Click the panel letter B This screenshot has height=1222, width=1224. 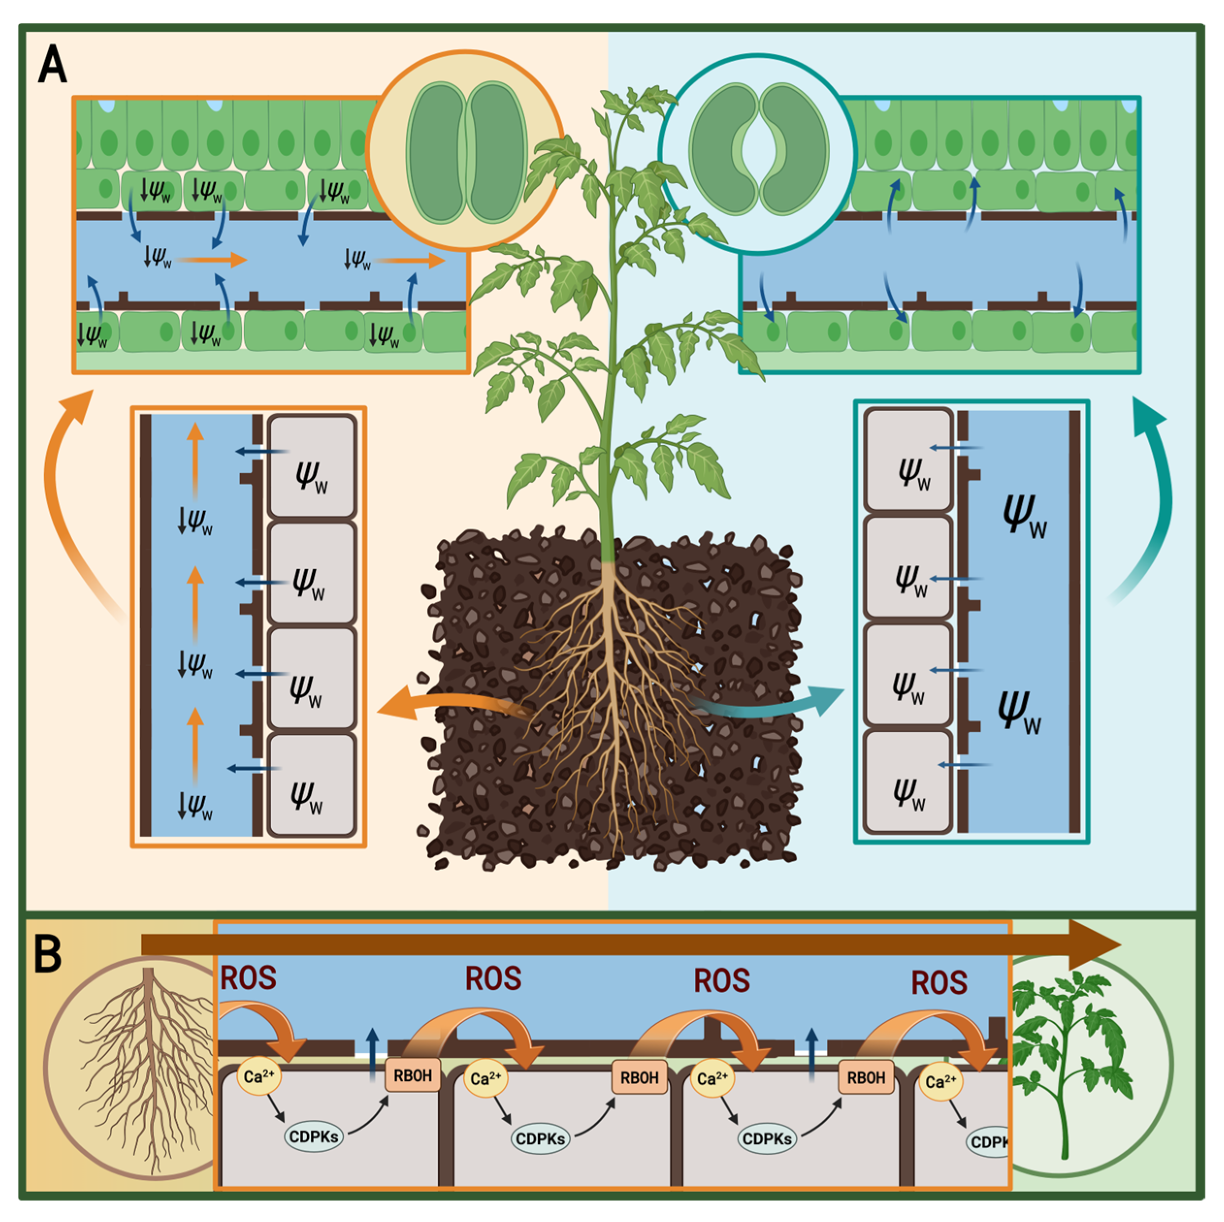[48, 955]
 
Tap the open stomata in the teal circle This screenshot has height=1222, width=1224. [758, 150]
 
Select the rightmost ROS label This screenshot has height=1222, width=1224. [939, 982]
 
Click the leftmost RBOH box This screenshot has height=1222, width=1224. [412, 1076]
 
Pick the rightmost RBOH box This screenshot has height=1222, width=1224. [866, 1077]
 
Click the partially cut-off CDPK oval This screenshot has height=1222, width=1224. [988, 1142]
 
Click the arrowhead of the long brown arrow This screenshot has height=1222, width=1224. [1093, 945]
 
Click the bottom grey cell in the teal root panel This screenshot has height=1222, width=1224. [907, 781]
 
